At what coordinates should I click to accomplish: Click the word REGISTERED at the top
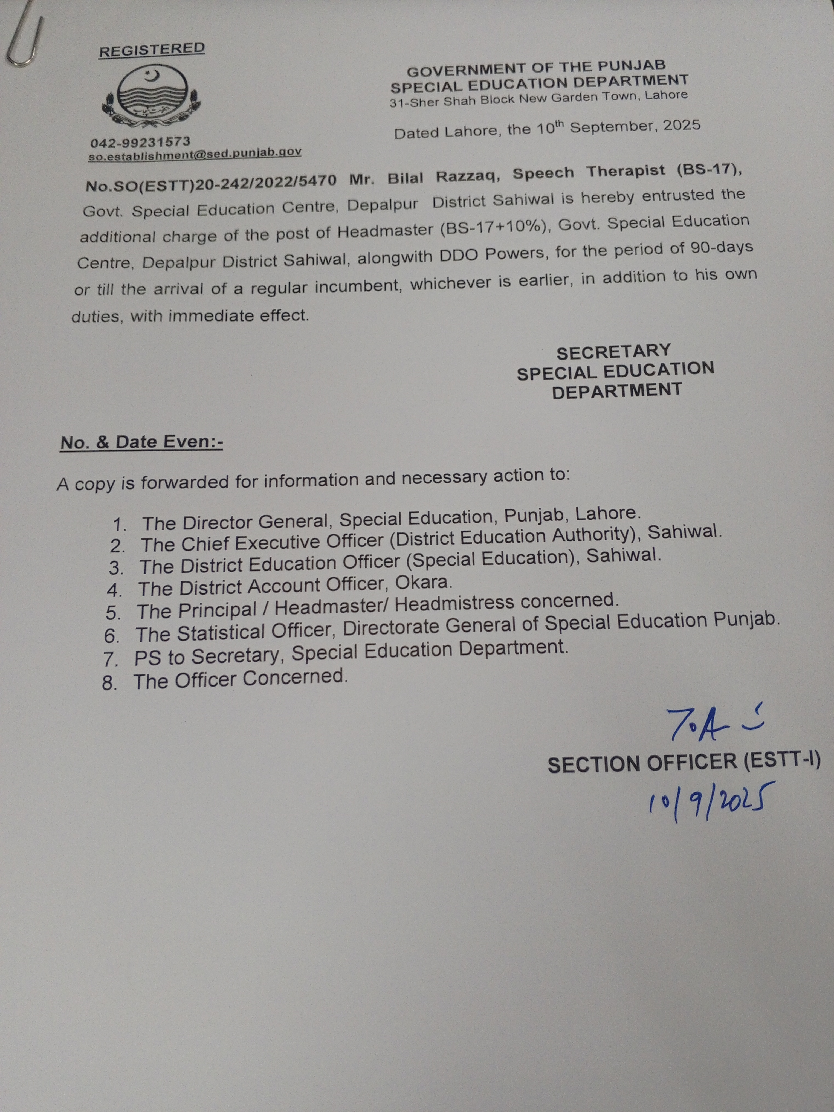click(x=152, y=50)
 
